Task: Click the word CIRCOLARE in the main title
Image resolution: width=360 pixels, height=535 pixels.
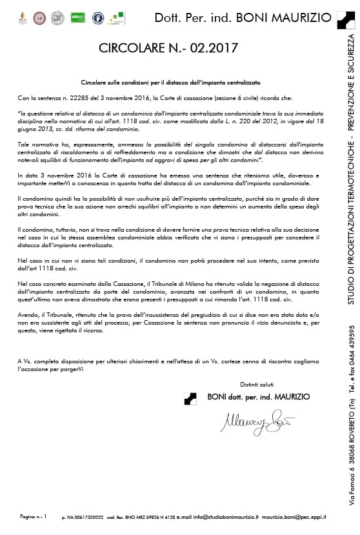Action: pyautogui.click(x=132, y=48)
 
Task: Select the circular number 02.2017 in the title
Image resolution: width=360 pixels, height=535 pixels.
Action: pyautogui.click(x=216, y=48)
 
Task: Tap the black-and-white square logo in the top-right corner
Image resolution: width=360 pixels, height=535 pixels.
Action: pyautogui.click(x=345, y=18)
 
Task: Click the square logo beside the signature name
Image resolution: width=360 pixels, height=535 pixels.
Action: pyautogui.click(x=191, y=398)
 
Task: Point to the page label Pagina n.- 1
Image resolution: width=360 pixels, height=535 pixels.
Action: pyautogui.click(x=34, y=517)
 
